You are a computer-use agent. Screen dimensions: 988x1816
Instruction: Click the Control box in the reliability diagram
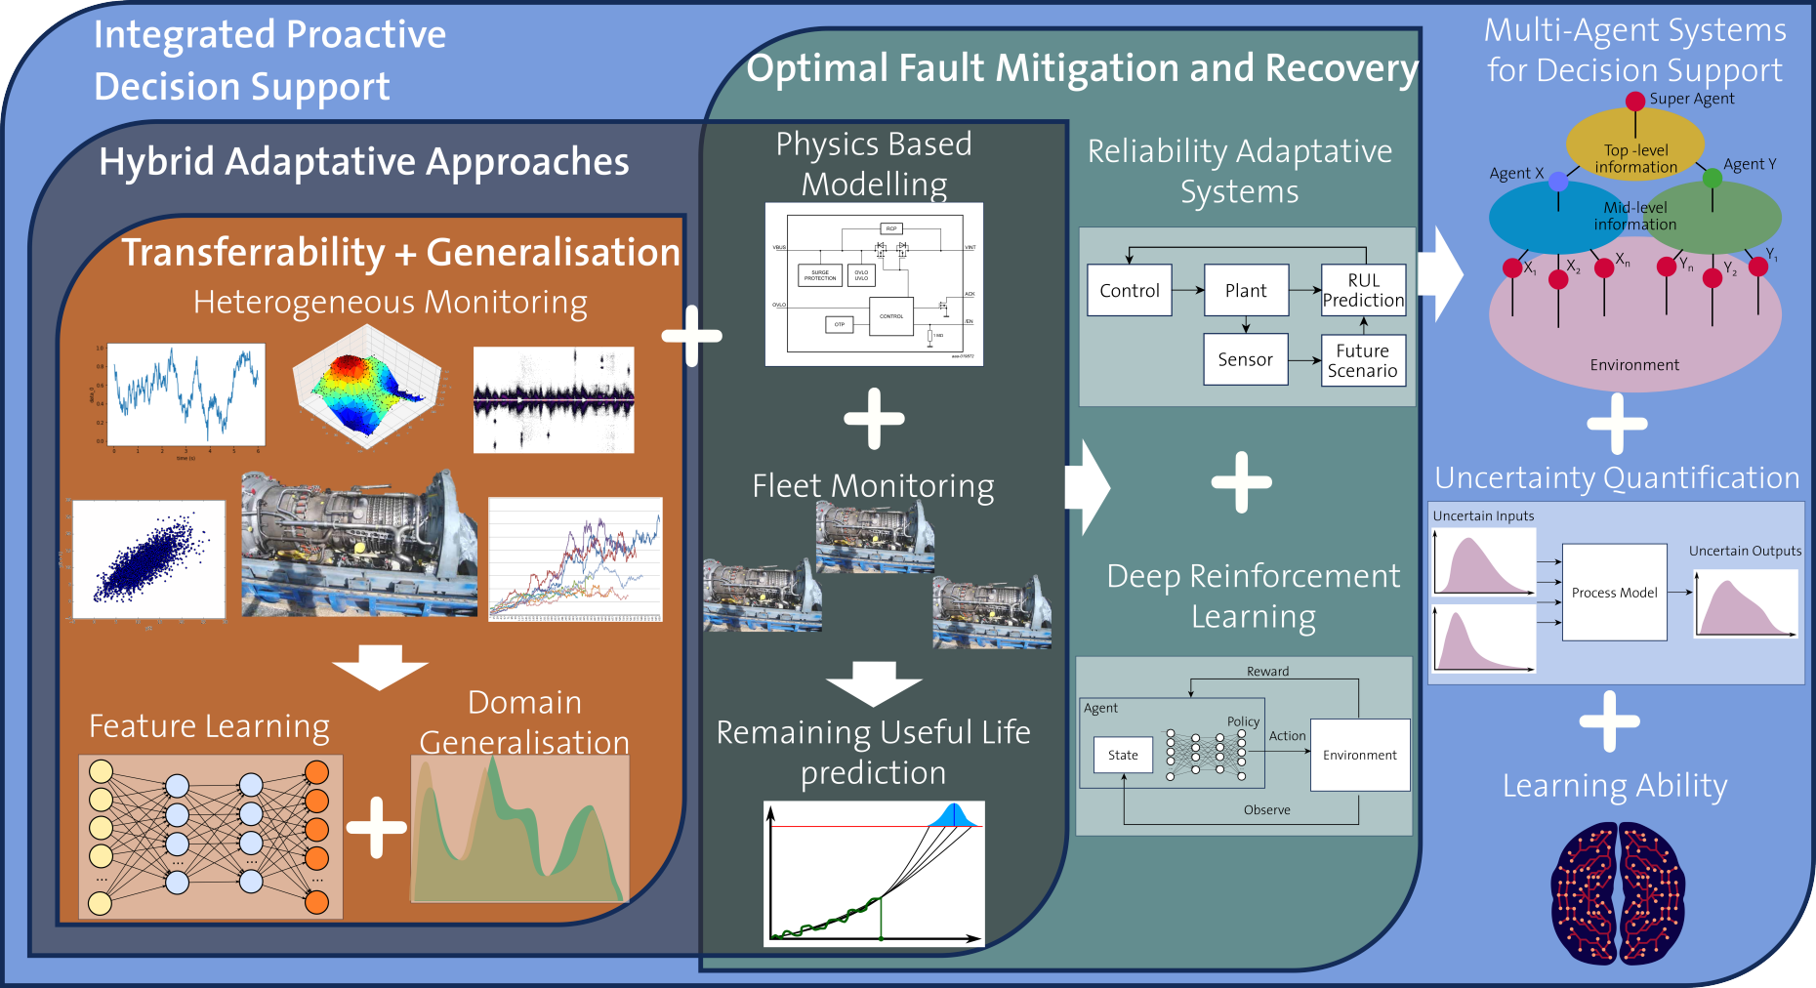tap(1130, 290)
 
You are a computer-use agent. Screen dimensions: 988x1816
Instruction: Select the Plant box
tap(1246, 290)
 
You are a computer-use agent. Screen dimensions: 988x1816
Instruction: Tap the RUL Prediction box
tap(1363, 290)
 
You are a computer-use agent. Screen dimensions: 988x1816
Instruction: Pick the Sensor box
tap(1245, 359)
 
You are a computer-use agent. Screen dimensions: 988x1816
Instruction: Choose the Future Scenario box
tap(1363, 360)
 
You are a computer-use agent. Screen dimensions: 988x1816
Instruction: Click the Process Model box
tap(1614, 592)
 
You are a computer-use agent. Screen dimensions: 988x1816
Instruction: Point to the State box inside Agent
tap(1123, 755)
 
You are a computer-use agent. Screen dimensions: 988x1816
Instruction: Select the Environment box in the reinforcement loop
tap(1359, 755)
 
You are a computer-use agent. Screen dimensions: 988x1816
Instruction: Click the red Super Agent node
tap(1635, 101)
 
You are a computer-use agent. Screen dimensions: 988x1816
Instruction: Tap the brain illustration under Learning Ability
tap(1618, 893)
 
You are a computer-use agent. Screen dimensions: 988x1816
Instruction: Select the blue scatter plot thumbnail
tap(148, 559)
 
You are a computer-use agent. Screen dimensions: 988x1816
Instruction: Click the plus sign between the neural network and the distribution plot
tap(376, 827)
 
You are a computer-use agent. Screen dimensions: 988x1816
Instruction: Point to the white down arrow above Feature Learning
tap(380, 667)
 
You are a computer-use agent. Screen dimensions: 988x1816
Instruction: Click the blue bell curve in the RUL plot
tap(952, 816)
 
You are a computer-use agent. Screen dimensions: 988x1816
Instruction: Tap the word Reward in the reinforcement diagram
tap(1267, 671)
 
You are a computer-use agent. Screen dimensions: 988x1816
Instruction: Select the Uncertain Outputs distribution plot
tap(1745, 602)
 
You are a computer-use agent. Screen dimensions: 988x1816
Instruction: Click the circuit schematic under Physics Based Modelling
tap(874, 284)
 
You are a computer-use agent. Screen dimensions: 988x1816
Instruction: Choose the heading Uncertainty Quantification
tap(1617, 477)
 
